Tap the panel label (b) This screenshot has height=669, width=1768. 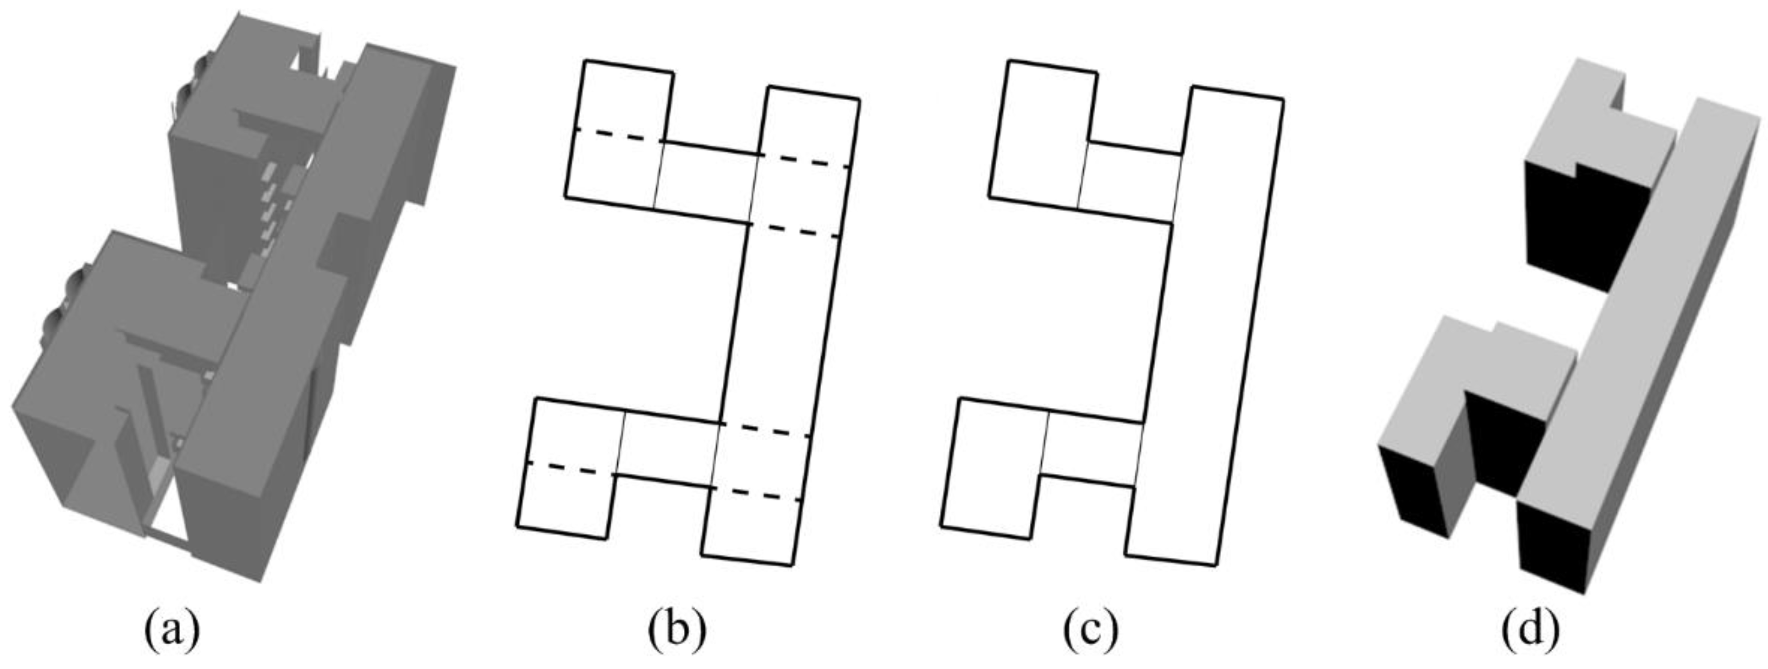click(677, 629)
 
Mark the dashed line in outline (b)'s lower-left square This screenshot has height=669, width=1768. click(570, 468)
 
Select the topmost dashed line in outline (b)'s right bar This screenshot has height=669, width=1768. click(805, 161)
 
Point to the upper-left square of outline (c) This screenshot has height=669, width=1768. click(1040, 137)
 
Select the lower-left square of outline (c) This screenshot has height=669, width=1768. click(992, 471)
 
